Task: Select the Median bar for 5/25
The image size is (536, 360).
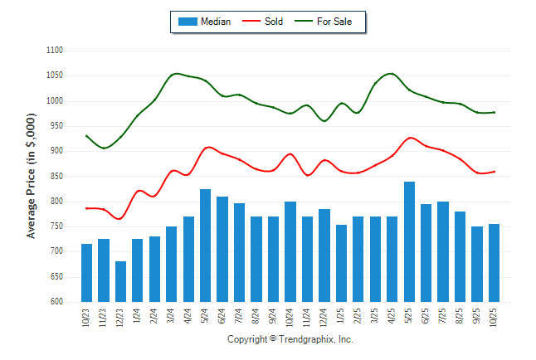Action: tap(409, 241)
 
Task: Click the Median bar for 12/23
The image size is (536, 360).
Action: tap(120, 281)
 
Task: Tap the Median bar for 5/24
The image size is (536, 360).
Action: tap(205, 246)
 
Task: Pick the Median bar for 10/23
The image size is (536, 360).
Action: tap(86, 273)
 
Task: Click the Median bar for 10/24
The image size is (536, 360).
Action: tap(290, 251)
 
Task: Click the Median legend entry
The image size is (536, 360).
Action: tap(204, 22)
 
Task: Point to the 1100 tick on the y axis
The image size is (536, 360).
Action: tap(55, 51)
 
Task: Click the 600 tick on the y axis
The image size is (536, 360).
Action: tap(56, 302)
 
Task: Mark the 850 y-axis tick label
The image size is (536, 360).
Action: tap(56, 176)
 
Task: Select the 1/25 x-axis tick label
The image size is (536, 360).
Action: tap(342, 318)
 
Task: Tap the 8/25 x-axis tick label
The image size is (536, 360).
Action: tap(460, 318)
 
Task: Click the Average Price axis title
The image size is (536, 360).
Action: tap(32, 176)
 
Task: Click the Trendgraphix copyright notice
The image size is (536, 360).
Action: tap(290, 340)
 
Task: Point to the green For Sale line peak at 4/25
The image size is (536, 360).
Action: tap(391, 74)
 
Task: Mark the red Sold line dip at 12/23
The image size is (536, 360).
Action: tap(120, 219)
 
